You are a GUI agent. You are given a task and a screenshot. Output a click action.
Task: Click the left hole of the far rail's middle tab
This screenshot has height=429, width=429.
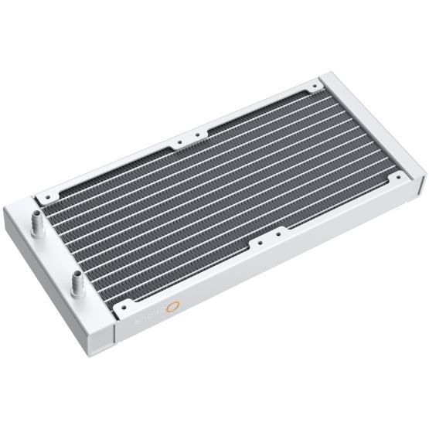(179, 143)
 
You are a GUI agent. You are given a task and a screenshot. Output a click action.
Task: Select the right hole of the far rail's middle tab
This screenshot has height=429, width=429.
(196, 137)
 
